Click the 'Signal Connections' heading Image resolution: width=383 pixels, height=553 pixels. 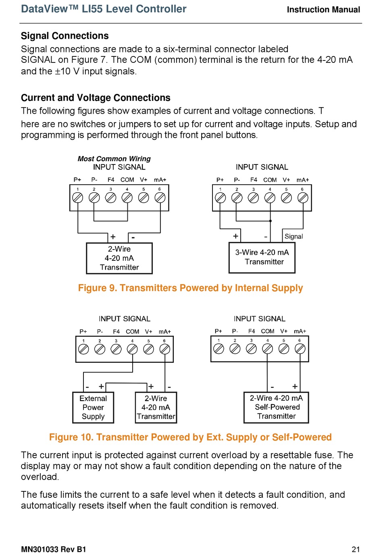(65, 36)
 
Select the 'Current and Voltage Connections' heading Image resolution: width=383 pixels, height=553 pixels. (96, 98)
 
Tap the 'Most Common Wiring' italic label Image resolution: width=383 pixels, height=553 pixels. (114, 159)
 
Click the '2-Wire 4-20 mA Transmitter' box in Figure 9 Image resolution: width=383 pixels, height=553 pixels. (119, 258)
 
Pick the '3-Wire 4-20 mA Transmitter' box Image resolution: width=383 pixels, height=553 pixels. (262, 257)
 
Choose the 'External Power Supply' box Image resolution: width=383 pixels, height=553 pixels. (93, 407)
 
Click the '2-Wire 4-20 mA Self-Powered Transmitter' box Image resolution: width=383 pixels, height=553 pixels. (276, 407)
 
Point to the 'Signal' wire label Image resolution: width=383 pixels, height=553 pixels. (293, 237)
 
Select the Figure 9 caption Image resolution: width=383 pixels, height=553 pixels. (190, 288)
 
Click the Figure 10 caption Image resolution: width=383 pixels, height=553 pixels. (190, 437)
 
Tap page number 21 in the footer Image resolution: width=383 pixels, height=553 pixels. (356, 549)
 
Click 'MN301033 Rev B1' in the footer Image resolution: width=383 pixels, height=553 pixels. (54, 549)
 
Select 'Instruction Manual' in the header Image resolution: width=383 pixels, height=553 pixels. (323, 10)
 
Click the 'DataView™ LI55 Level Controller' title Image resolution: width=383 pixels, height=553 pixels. (104, 9)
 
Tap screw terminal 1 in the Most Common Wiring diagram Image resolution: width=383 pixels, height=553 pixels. (77, 197)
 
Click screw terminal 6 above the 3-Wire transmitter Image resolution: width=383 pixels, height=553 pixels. (303, 197)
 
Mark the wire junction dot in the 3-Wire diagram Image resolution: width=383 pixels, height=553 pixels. (270, 221)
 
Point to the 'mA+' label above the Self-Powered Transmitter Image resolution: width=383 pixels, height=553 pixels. (300, 331)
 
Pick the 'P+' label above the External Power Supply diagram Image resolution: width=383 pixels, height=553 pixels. (83, 332)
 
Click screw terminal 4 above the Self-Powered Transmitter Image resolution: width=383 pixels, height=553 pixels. (267, 349)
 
